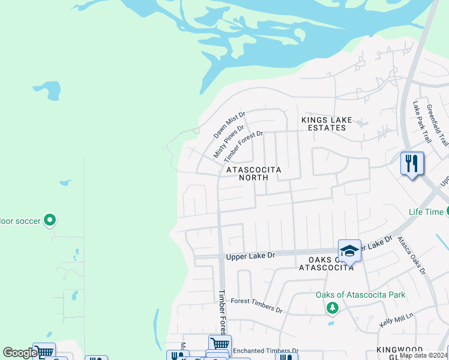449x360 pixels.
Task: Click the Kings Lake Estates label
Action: coord(327,124)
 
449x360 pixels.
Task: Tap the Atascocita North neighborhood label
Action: coord(253,173)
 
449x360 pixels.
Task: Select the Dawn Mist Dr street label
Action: coord(230,125)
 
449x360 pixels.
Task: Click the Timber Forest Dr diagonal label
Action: coord(244,146)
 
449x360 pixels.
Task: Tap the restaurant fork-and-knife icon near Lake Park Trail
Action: coord(412,163)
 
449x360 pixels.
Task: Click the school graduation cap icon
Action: coord(349,251)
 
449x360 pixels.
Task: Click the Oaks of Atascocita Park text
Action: coord(361,295)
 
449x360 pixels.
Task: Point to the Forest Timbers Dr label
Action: coord(256,305)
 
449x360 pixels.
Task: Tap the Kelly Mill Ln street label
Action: coord(397,319)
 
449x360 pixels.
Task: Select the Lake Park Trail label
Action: coord(422,121)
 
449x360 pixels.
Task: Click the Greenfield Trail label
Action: coord(438,125)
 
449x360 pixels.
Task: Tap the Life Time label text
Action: coord(426,212)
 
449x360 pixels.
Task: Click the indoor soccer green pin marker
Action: coord(50,220)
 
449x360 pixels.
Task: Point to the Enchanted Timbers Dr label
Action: coord(265,350)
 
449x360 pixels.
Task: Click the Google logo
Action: coord(20,353)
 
